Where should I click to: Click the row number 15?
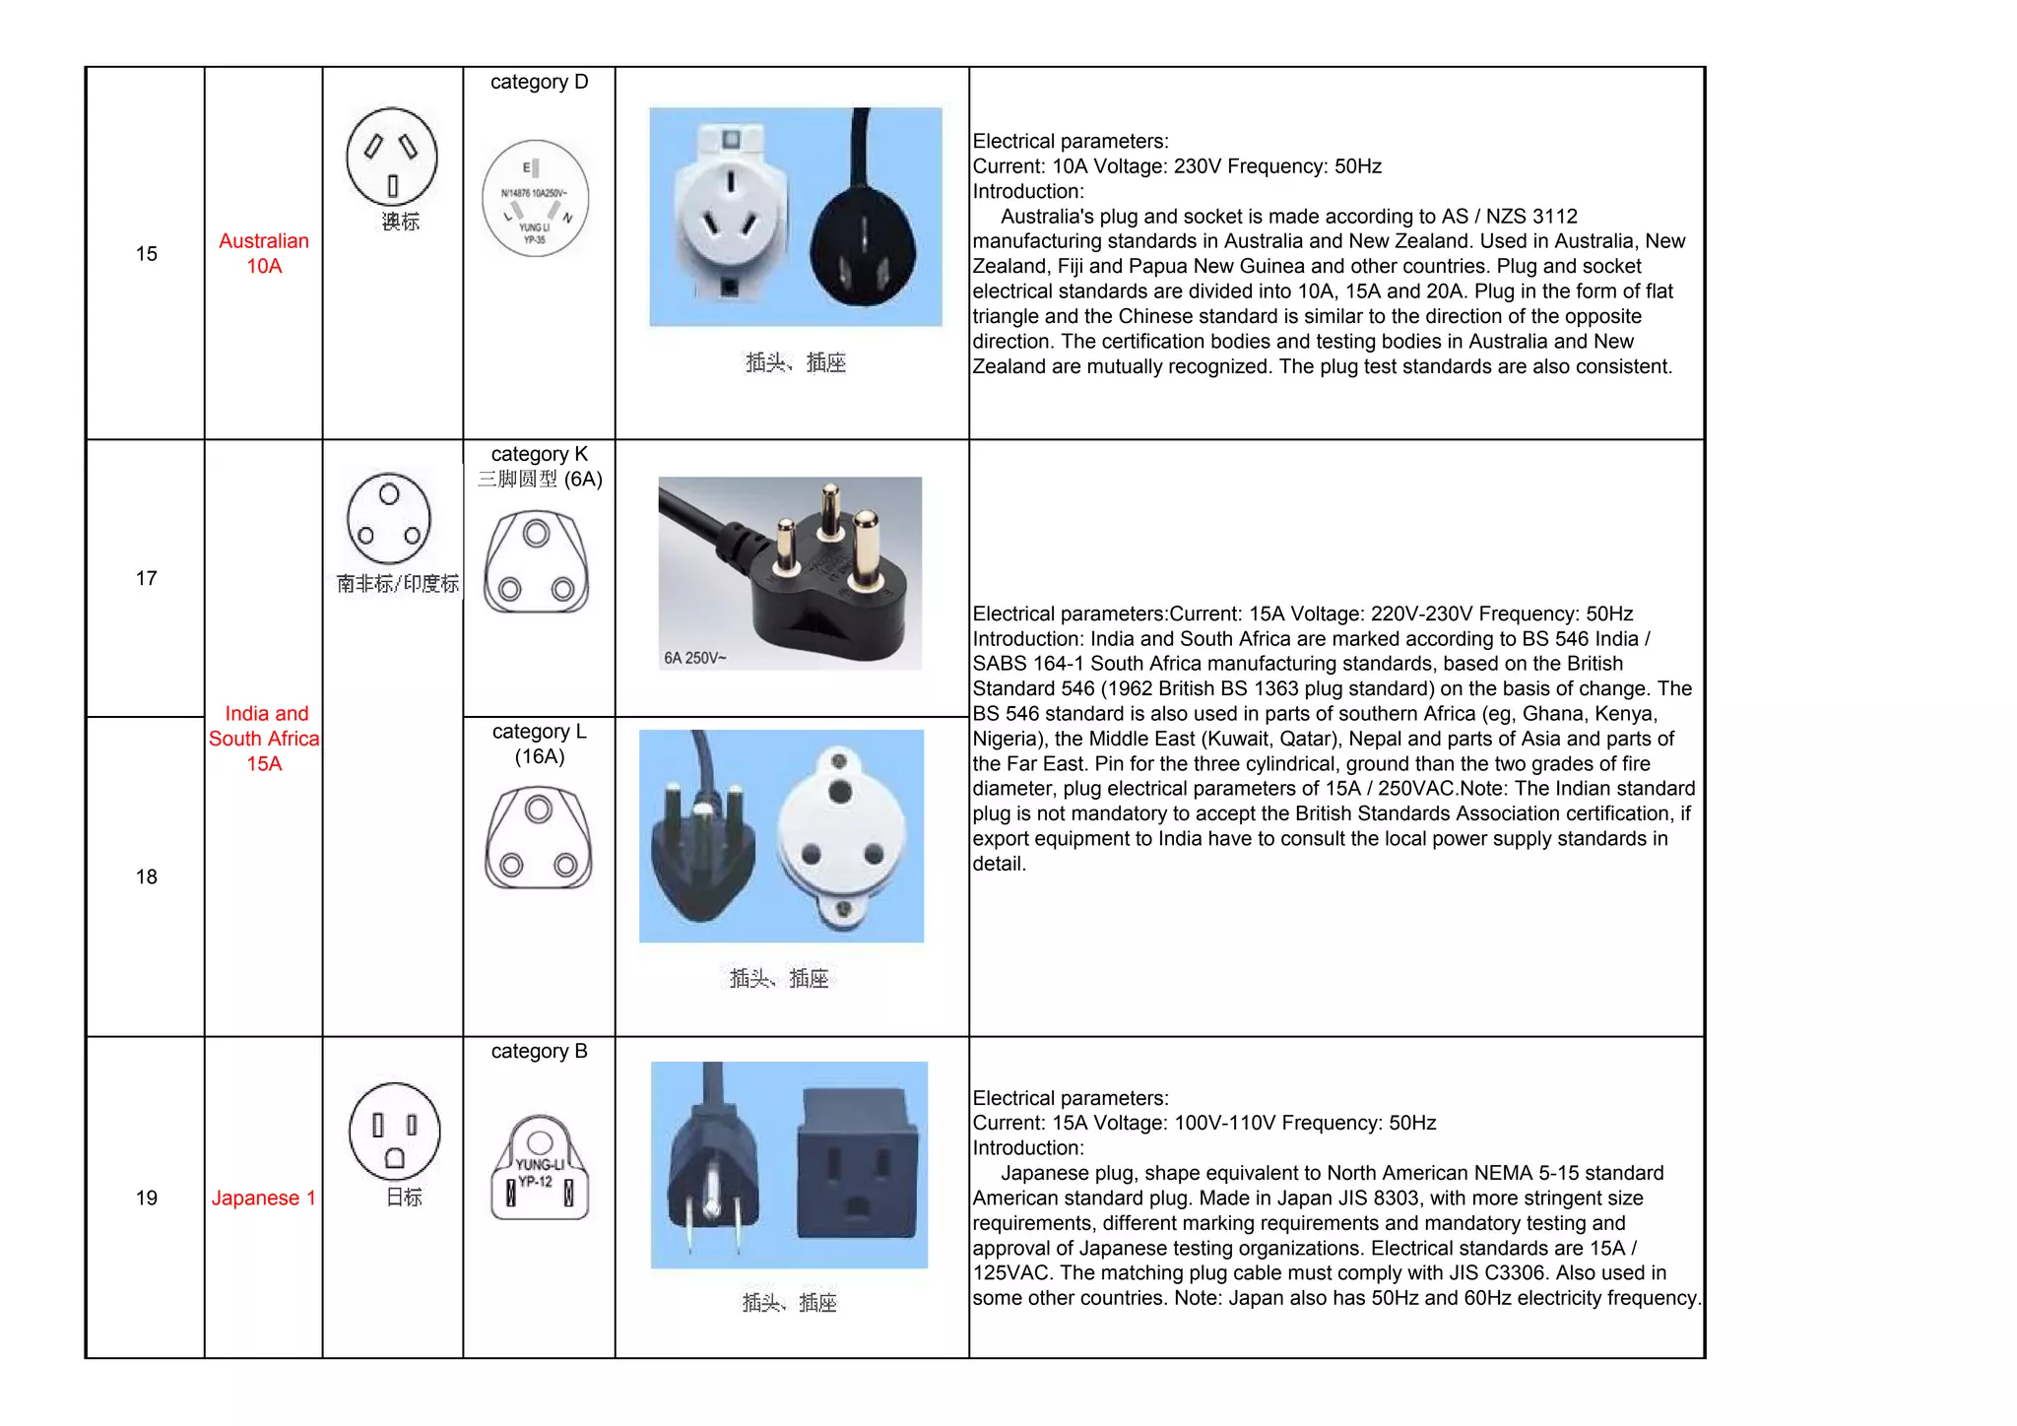(146, 254)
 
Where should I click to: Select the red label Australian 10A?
(264, 253)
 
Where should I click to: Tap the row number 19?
(146, 1198)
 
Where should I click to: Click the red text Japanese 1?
(263, 1198)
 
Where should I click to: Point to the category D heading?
(539, 82)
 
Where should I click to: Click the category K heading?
(539, 454)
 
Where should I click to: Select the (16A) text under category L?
(539, 756)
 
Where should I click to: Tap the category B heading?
(539, 1051)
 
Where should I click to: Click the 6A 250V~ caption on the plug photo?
(694, 658)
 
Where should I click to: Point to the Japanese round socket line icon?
(394, 1132)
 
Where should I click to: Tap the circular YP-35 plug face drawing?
(535, 198)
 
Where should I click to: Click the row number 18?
(146, 876)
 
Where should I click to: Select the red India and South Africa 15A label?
(264, 739)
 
